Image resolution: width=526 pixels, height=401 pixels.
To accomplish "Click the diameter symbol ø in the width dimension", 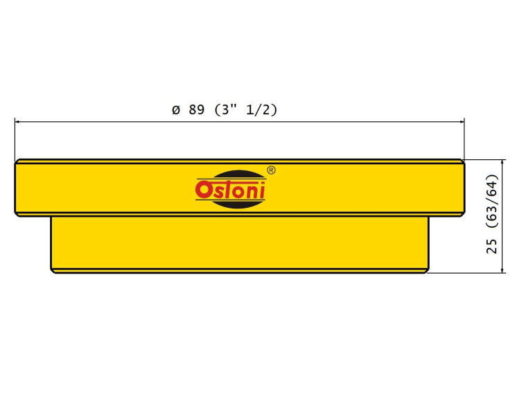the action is pos(176,109).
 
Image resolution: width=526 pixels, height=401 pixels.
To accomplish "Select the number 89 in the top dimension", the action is pos(197,109).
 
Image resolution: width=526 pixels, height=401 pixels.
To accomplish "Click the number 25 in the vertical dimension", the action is pos(491,247).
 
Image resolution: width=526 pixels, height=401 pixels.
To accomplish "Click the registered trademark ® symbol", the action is pos(271,170).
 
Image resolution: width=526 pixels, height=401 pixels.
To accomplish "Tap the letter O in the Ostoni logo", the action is pos(202,190).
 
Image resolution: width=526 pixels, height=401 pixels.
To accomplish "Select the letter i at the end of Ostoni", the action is pos(262,190).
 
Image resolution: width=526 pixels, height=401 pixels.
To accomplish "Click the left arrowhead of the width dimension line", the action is pos(17,122).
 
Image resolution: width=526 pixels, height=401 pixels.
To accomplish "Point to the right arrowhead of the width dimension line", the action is pos(462,122).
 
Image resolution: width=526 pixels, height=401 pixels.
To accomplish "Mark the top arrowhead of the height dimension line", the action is pos(502,163).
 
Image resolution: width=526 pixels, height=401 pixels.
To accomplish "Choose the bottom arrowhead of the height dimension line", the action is pos(502,269).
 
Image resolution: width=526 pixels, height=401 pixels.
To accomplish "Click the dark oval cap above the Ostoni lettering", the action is pos(238,175).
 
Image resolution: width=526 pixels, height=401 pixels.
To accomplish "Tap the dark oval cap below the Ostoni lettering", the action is pos(238,204).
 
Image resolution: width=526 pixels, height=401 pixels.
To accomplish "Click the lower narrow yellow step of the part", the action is pos(240,244).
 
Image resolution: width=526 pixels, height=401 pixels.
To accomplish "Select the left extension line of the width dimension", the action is pos(15,140).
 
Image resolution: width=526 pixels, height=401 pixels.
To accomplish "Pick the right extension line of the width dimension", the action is pos(464,139).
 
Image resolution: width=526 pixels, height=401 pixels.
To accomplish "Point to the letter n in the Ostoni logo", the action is pos(252,192).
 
